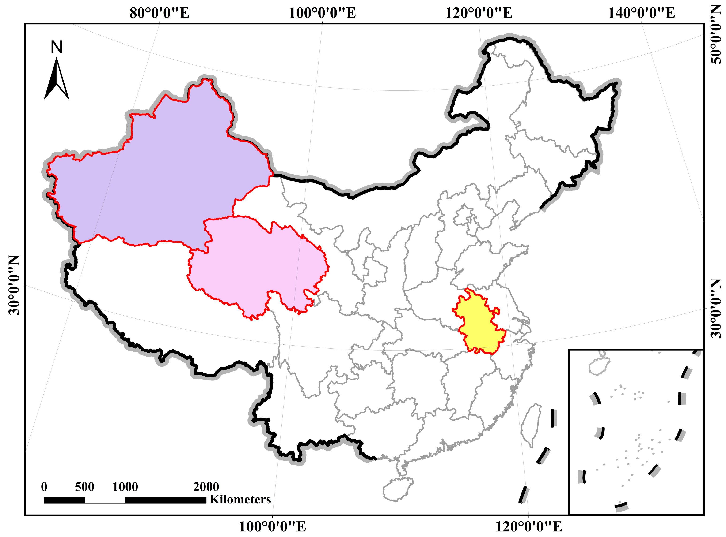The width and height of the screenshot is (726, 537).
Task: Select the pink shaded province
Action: click(x=257, y=267)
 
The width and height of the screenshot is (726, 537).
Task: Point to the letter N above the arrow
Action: click(x=57, y=48)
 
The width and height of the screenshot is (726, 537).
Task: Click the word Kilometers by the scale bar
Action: click(x=240, y=499)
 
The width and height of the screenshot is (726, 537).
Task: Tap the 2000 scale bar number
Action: click(x=206, y=487)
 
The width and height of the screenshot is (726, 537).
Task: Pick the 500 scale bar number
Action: click(x=85, y=487)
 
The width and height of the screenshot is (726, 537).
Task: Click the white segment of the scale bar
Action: click(x=105, y=500)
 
